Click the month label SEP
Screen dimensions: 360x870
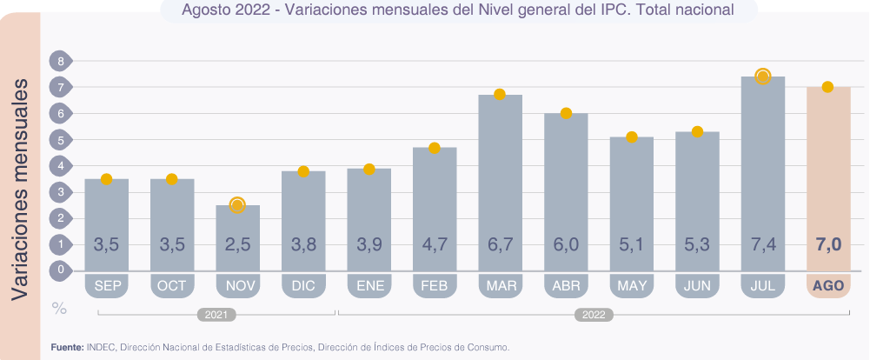click(x=107, y=285)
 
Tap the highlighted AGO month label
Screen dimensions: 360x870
click(x=827, y=285)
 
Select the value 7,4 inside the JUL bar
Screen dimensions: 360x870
click(x=763, y=245)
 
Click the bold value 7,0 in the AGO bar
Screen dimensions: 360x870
click(x=828, y=245)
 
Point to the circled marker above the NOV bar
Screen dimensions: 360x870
click(x=237, y=205)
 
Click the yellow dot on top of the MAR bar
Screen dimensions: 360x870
click(x=500, y=94)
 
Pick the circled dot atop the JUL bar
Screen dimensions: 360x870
click(x=763, y=77)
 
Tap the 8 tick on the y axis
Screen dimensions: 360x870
click(x=61, y=62)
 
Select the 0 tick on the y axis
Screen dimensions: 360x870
click(x=61, y=270)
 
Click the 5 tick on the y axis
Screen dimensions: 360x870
click(x=61, y=140)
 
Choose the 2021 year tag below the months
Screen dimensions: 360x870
click(x=216, y=315)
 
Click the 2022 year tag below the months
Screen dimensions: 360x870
click(x=593, y=315)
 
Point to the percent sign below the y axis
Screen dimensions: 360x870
click(x=59, y=308)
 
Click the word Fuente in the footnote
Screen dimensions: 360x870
click(x=66, y=347)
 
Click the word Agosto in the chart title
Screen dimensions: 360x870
click(x=206, y=10)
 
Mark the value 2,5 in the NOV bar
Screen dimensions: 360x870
click(x=237, y=245)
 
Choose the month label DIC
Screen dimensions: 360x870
click(x=303, y=285)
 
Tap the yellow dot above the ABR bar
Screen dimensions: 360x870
click(x=566, y=113)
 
